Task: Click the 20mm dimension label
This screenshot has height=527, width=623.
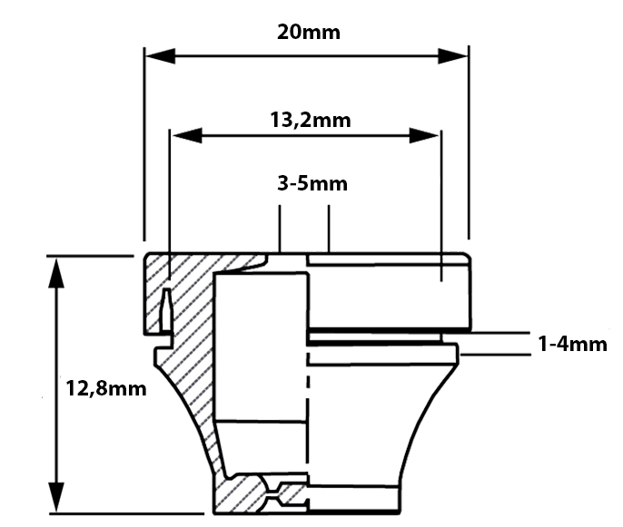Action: click(309, 32)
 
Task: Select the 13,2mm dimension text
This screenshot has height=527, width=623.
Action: click(311, 120)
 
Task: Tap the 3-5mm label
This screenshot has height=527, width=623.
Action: click(312, 184)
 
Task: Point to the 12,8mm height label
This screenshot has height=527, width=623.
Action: click(106, 388)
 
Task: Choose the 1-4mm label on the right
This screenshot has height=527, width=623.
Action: click(572, 344)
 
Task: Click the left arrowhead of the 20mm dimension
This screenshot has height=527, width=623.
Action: click(160, 56)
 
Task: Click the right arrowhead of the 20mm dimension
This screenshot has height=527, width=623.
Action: click(453, 56)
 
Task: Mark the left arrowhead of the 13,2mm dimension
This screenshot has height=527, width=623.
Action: click(187, 136)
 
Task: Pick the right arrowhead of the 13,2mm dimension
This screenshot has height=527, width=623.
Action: click(424, 136)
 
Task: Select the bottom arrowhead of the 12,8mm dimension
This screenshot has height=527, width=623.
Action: click(56, 497)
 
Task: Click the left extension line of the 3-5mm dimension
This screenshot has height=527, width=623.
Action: click(280, 229)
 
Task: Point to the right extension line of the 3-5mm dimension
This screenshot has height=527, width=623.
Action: click(329, 229)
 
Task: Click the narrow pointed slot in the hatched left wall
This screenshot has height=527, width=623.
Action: click(167, 309)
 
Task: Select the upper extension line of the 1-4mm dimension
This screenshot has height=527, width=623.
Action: click(487, 333)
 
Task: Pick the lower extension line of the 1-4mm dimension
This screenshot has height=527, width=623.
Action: click(496, 355)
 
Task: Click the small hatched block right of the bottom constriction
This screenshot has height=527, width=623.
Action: click(292, 494)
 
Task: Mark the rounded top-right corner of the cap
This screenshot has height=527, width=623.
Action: click(467, 257)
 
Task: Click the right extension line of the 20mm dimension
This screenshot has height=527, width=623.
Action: click(469, 143)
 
